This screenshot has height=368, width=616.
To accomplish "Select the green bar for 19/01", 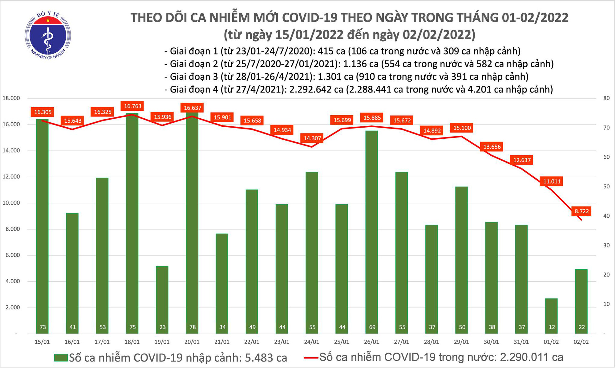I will point(162,299).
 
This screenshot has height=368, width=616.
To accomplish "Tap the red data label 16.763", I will point(133,106).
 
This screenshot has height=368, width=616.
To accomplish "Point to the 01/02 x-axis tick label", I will point(551,342).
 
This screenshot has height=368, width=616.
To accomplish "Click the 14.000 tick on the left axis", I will point(11,151).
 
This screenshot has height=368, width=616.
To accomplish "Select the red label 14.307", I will point(312,138).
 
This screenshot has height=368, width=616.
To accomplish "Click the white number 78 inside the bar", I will point(192,327).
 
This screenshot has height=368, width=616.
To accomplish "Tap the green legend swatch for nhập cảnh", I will point(61,358).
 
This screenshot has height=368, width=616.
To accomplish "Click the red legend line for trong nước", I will point(310,358).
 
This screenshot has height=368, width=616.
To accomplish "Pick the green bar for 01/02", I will point(551,316).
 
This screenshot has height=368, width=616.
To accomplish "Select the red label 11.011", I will point(552,181).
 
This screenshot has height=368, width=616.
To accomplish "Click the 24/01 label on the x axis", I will point(312,342).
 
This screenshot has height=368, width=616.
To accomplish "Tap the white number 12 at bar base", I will point(551,327).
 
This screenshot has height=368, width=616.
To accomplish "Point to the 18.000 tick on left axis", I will point(11,98).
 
